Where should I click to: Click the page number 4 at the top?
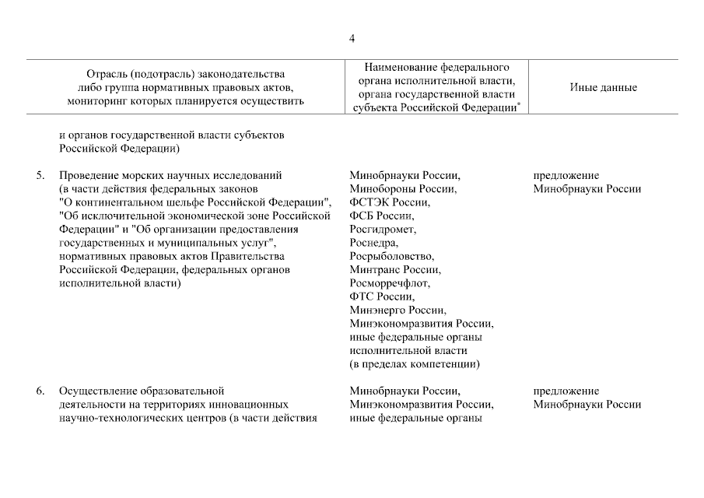pos(352,38)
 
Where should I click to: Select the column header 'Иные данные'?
pos(603,87)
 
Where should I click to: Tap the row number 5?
pos(40,175)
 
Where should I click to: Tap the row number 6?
pos(40,391)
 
